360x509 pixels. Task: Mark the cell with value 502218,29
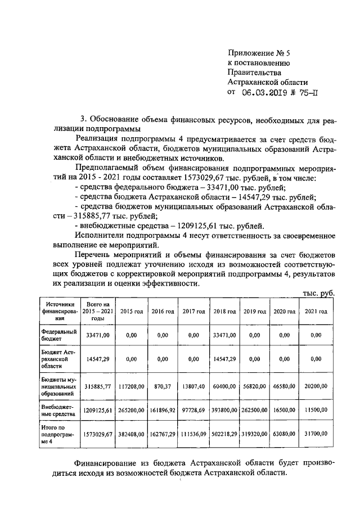pyautogui.click(x=224, y=435)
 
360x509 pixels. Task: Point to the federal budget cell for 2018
pyautogui.click(x=224, y=335)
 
